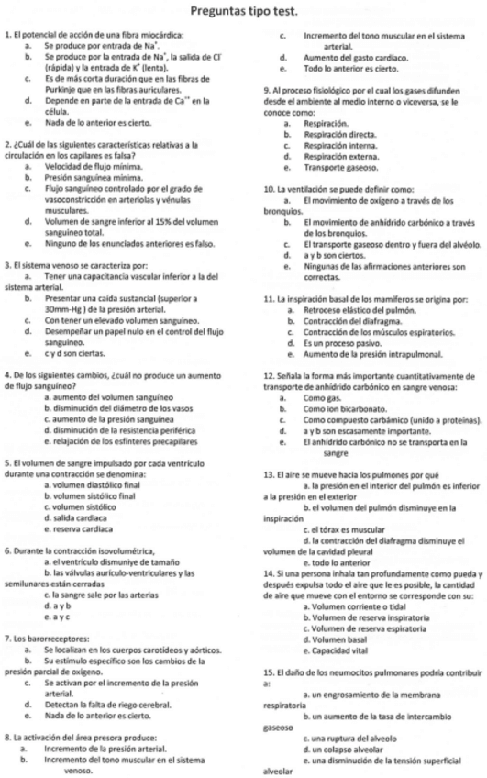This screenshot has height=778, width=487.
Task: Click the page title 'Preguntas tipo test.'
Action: coord(243,12)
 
